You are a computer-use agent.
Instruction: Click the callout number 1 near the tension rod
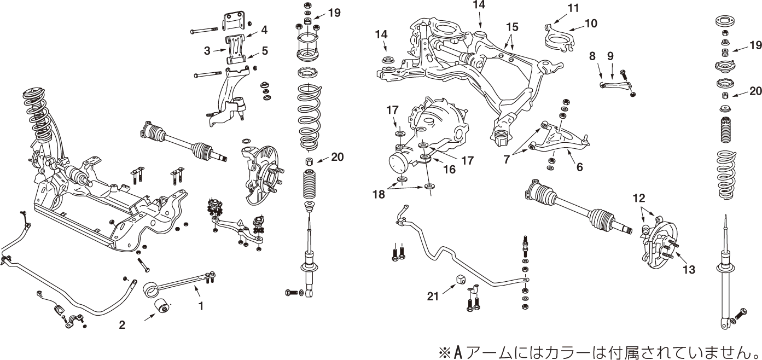point(201,307)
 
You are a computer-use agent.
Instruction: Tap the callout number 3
point(207,51)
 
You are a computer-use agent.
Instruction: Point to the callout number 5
point(264,51)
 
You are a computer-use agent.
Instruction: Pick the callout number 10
point(591,24)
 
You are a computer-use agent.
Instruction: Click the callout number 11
point(573,8)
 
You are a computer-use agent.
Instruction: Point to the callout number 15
point(511,26)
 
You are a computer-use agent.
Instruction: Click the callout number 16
point(449,170)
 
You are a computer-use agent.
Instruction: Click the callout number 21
point(433,296)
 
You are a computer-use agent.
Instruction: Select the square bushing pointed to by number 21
point(461,280)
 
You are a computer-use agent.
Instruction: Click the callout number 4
point(264,29)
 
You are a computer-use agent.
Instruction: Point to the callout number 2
point(122,325)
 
